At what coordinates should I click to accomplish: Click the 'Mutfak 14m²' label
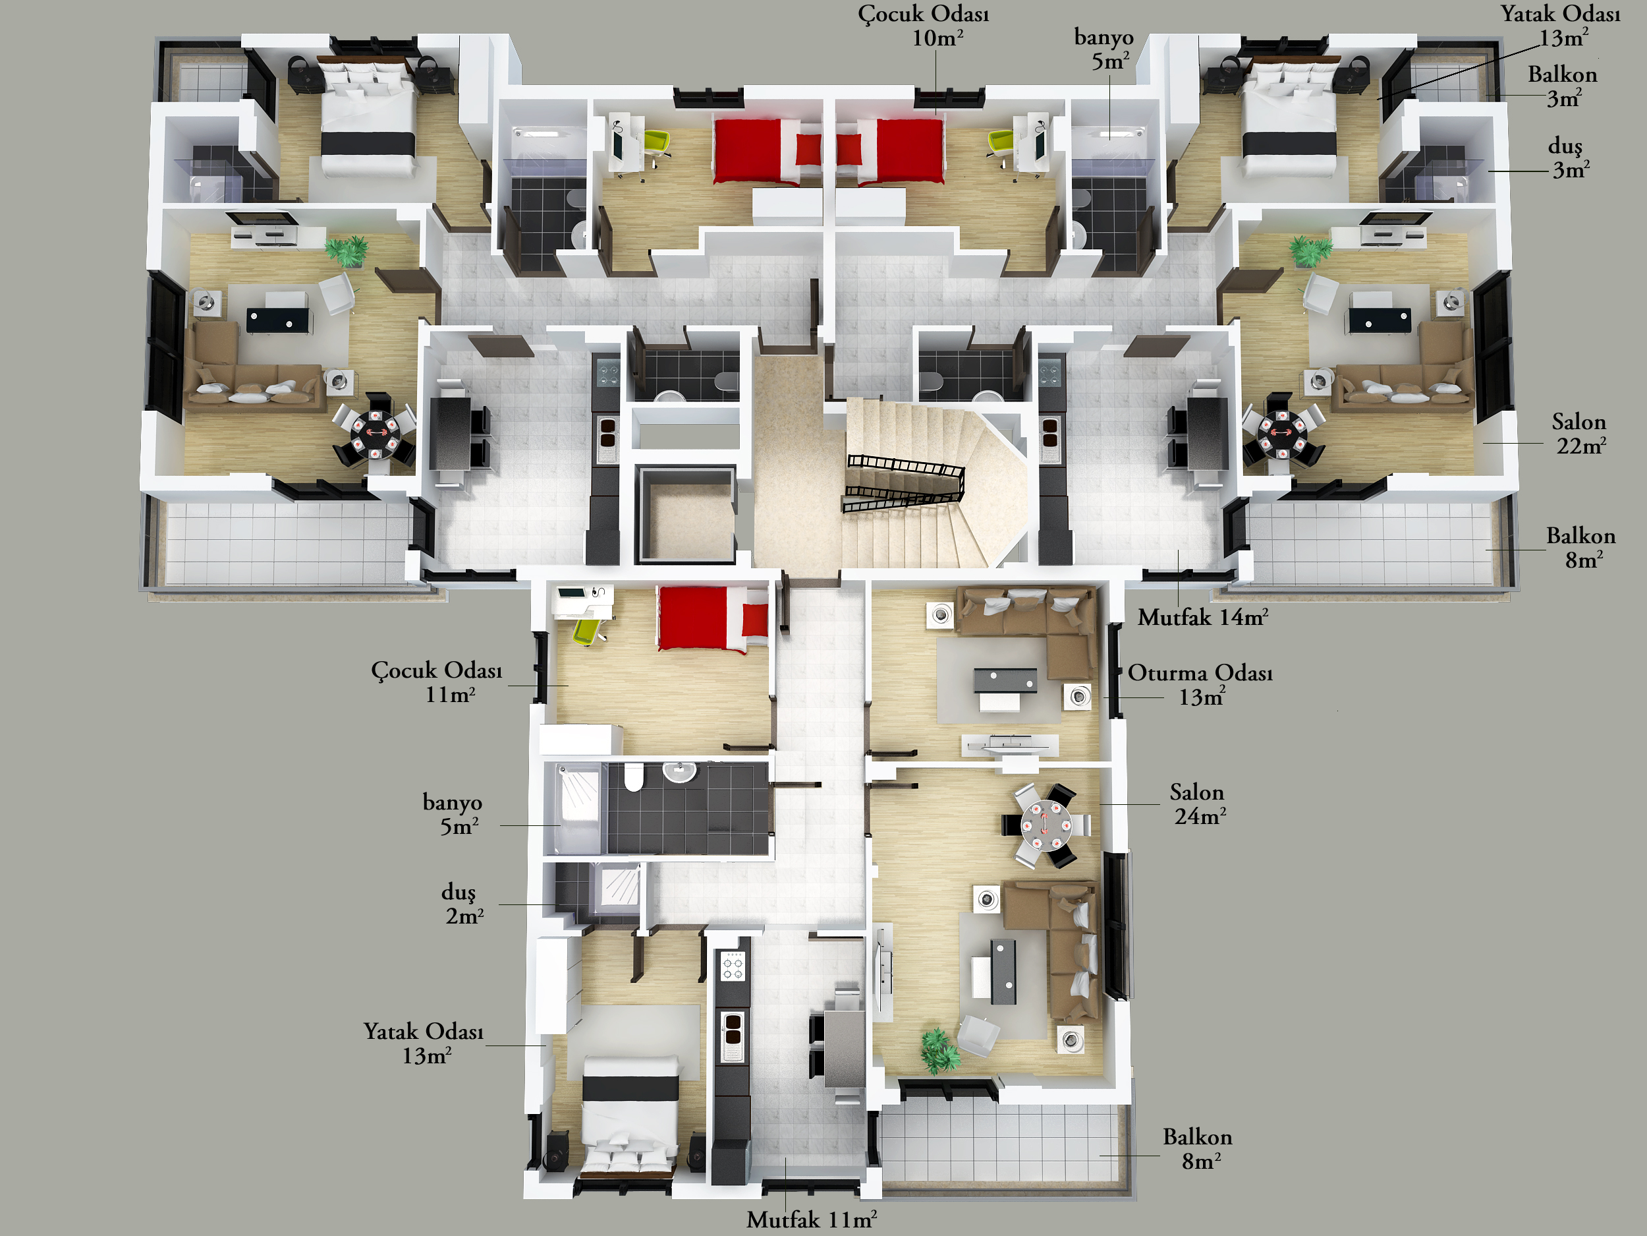(x=1202, y=617)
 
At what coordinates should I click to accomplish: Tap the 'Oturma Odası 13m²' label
(x=1200, y=685)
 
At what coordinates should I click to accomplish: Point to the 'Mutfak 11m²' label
(x=811, y=1220)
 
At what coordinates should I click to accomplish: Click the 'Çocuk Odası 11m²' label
(x=437, y=682)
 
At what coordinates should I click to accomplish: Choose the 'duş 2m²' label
(x=462, y=904)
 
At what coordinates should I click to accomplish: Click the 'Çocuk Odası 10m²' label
(x=923, y=25)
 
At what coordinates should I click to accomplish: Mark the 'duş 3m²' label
(x=1569, y=158)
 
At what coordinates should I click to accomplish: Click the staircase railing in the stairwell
(x=904, y=482)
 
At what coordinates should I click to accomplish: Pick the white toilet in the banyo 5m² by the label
(x=633, y=777)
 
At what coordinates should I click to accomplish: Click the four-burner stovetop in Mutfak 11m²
(x=733, y=967)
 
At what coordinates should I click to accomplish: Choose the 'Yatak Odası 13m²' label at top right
(x=1561, y=25)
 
